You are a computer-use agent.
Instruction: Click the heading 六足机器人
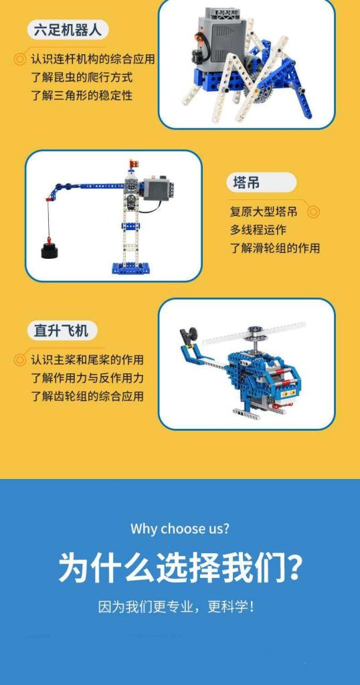[68, 30]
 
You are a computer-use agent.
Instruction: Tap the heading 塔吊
[246, 183]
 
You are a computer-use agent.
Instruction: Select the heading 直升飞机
[62, 330]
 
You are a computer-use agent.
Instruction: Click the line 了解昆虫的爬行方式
[82, 77]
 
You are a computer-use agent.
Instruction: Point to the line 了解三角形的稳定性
[82, 95]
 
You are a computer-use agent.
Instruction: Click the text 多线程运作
[258, 230]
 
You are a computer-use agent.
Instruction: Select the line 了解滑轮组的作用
[274, 248]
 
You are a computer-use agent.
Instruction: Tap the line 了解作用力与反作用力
[87, 378]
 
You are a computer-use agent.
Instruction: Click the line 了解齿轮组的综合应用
[87, 396]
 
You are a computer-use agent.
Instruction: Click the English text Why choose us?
[180, 528]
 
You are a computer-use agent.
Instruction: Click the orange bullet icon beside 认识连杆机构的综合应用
[20, 59]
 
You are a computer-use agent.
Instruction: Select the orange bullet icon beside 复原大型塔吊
[313, 212]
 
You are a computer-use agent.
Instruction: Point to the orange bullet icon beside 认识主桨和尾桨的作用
[20, 360]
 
